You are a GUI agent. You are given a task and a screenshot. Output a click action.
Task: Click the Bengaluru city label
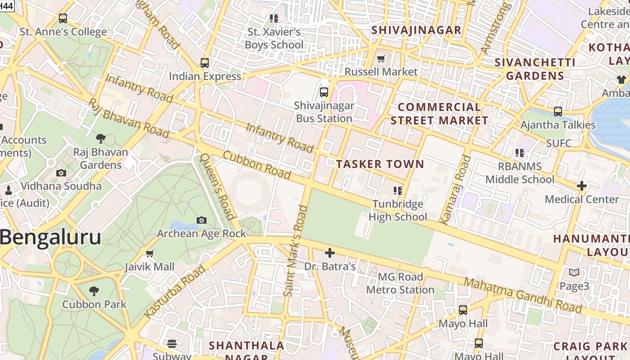tap(50, 237)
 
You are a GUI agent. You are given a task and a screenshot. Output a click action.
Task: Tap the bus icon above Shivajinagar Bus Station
tap(324, 92)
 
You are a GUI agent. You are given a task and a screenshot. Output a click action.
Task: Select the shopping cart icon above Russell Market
tap(381, 58)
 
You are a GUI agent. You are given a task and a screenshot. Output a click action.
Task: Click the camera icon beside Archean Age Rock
tap(202, 220)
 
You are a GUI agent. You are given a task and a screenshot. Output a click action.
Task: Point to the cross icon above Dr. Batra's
tap(330, 253)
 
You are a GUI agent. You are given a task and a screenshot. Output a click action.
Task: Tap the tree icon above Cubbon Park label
tap(94, 291)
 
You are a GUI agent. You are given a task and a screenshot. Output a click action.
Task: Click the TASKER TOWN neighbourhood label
tap(380, 164)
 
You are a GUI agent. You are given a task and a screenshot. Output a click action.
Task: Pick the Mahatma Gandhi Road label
tap(523, 295)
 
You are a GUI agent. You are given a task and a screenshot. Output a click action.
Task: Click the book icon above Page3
tap(574, 273)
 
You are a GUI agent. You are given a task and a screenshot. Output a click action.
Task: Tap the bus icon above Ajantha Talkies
tap(558, 112)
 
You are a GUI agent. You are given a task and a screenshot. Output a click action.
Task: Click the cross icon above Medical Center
tap(582, 185)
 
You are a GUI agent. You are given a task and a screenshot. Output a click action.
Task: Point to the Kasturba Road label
tap(175, 291)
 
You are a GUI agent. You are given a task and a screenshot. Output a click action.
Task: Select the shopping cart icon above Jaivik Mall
tap(150, 253)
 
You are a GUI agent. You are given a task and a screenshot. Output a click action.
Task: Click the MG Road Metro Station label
tap(400, 283)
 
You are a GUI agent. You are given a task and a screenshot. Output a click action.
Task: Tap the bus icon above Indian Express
tap(205, 63)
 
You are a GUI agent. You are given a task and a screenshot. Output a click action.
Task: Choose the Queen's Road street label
tap(217, 186)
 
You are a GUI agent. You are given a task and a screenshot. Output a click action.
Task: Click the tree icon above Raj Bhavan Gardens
tap(101, 139)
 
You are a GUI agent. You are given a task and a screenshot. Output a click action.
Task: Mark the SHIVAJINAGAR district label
tap(416, 30)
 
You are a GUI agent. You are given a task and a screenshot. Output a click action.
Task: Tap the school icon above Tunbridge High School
tap(397, 191)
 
